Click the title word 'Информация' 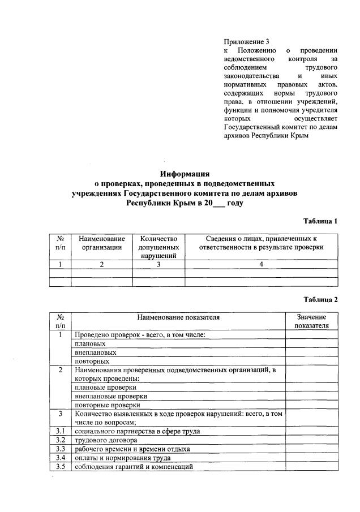coord(185,174)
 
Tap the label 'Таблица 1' coord(320,221)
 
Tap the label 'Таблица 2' coord(320,299)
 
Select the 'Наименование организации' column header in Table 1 coord(101,243)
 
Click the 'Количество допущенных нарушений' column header coord(158,247)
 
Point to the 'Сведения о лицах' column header coord(261,243)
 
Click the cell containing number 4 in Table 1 coord(261,264)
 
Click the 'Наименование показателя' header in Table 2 coord(178,317)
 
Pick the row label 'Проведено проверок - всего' coord(139,335)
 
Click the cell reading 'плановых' coord(89,343)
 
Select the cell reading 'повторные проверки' coord(107,405)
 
